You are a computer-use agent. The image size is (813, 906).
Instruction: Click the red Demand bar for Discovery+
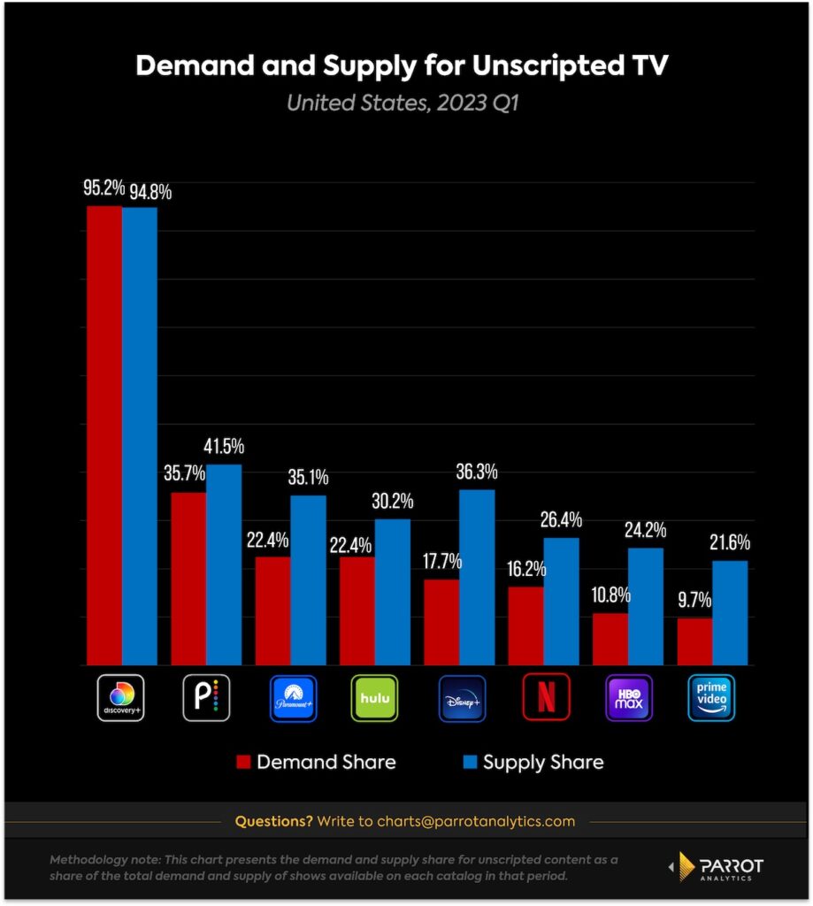(104, 434)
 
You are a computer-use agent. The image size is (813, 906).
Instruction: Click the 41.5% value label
(223, 447)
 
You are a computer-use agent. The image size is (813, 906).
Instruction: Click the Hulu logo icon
(375, 698)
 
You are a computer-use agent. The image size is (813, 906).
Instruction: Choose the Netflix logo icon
(546, 698)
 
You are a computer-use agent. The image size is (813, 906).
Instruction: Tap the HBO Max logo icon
(629, 698)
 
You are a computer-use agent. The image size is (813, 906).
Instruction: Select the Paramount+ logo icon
(293, 698)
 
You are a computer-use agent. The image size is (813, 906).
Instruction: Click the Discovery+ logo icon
(120, 698)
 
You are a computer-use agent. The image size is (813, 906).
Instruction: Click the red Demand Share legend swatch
(242, 762)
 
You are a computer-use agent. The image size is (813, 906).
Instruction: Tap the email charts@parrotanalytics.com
(476, 821)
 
